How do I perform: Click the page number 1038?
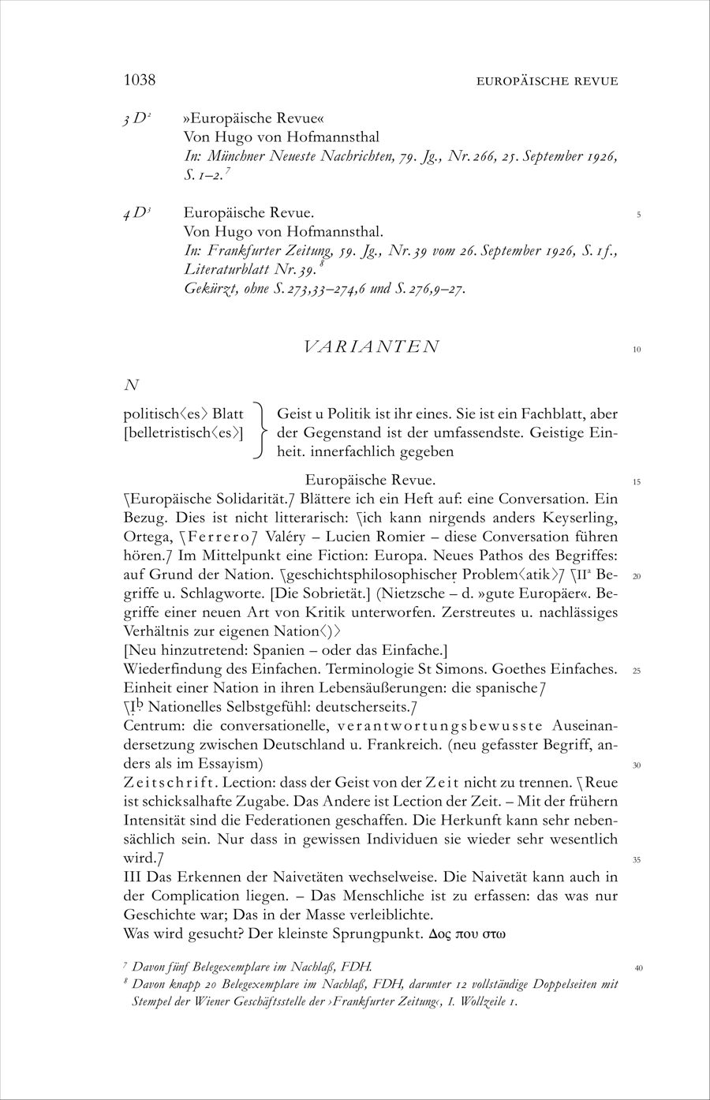[140, 80]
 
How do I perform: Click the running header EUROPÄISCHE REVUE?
[547, 81]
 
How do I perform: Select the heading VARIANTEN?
[371, 346]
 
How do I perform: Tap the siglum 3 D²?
[137, 118]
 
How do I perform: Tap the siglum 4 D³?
[137, 213]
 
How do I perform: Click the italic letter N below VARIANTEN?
[132, 385]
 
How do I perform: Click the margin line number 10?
[637, 350]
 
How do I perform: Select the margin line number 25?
[637, 672]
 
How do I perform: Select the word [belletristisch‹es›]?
[184, 432]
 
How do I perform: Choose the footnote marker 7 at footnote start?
[125, 965]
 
